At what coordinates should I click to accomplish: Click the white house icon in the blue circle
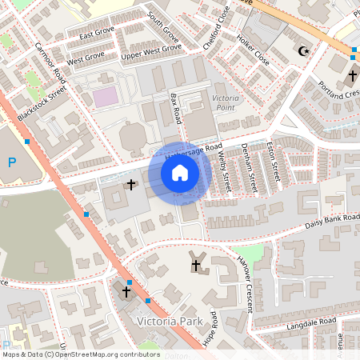click(180, 172)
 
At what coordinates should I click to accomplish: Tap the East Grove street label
click(97, 34)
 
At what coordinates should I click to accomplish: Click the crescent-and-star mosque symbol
click(302, 51)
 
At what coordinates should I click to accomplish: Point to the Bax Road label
click(177, 108)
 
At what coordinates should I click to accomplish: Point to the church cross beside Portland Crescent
click(352, 76)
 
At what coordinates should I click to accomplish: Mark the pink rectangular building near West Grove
click(105, 97)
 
